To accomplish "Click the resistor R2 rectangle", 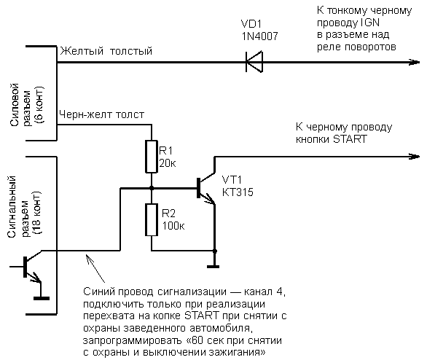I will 152,220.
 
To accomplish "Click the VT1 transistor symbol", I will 206,188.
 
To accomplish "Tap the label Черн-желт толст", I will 106,114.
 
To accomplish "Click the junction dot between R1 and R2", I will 152,189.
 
